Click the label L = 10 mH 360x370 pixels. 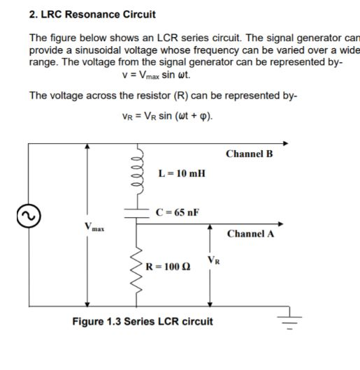[182, 172]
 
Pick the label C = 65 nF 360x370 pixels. [177, 212]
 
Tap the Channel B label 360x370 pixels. [250, 153]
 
